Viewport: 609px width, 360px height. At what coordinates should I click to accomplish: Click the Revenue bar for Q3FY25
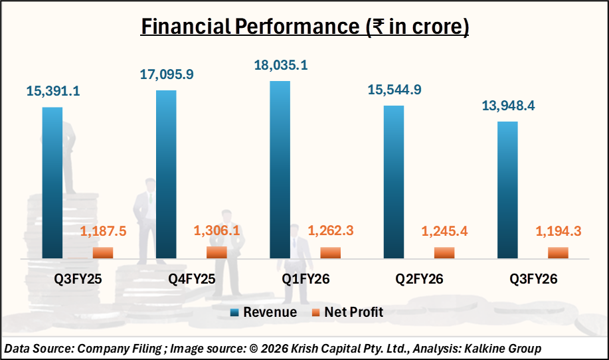click(52, 182)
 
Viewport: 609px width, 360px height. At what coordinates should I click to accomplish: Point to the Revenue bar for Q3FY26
click(507, 189)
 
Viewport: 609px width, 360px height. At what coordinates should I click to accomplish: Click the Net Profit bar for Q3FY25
click(103, 252)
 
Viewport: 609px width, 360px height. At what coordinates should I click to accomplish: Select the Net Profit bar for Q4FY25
click(217, 252)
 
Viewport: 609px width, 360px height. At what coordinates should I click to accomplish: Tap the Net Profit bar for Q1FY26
click(330, 252)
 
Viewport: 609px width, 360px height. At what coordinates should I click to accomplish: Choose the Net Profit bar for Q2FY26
click(444, 252)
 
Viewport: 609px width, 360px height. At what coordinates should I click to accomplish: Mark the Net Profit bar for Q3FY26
click(558, 252)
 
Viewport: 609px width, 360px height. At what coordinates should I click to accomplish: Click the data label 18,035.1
click(280, 65)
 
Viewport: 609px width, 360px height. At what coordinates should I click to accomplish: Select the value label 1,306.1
click(217, 230)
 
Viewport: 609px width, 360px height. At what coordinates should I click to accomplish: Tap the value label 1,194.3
click(558, 232)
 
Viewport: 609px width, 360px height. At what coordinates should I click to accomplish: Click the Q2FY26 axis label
click(419, 280)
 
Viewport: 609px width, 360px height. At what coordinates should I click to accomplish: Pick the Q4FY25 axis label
click(191, 280)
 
